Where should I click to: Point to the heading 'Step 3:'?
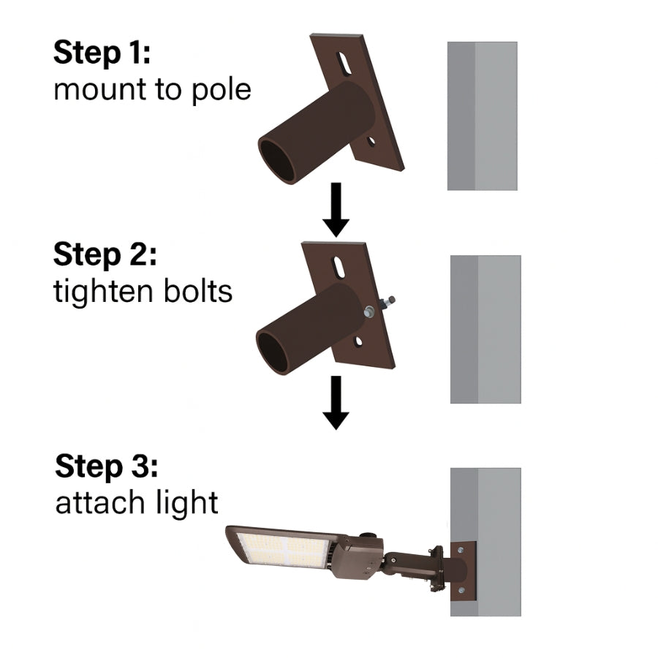tap(107, 466)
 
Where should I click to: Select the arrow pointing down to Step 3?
tap(336, 403)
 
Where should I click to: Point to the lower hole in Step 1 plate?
tap(371, 140)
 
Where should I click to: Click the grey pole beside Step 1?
tap(483, 116)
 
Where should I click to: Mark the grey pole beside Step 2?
tap(485, 329)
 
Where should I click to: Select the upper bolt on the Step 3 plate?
tap(461, 548)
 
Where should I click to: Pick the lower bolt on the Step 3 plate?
tap(461, 590)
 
